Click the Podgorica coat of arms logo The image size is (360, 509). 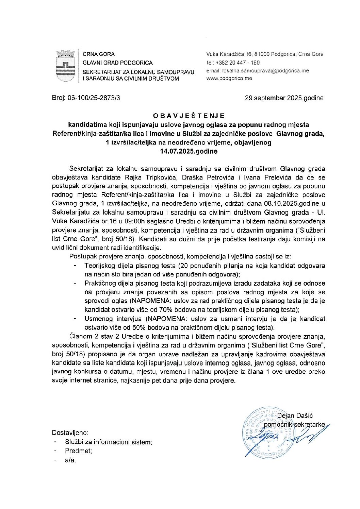65,66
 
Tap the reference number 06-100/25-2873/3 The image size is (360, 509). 94,98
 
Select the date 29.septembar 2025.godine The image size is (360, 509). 284,98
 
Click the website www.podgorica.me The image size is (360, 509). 229,78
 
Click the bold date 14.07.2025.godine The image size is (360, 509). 189,151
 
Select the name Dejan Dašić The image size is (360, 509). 295,415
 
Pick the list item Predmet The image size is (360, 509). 78,451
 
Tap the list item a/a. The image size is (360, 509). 70,460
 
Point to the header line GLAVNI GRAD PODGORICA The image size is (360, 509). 117,63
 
